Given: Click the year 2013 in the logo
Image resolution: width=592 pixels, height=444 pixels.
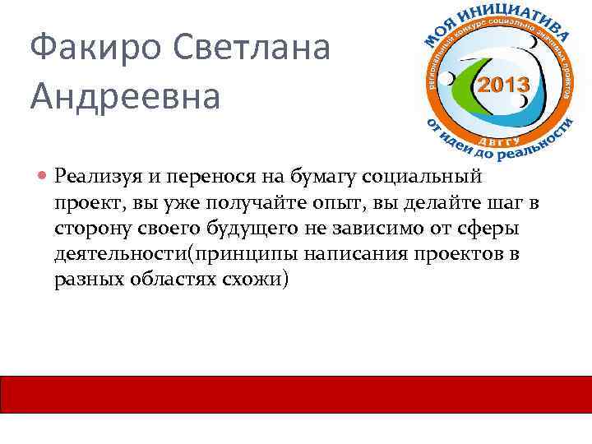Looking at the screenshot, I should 503,83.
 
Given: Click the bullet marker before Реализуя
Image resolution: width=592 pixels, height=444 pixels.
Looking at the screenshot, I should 43,175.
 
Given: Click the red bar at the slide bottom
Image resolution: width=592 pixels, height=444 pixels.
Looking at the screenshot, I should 296,394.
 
